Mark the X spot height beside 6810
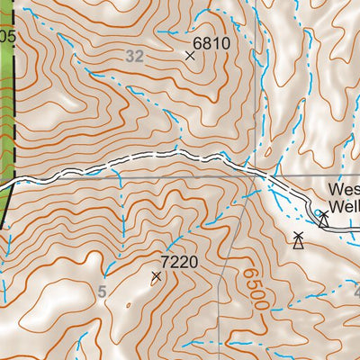coord(190,56)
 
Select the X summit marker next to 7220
coord(157,276)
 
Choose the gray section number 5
coord(102,291)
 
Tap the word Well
coord(343,208)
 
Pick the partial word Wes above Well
coord(343,191)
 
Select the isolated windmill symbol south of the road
coord(298,239)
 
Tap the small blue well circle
coord(317,212)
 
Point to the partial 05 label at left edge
coord(7,36)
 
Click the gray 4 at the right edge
coord(355,292)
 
